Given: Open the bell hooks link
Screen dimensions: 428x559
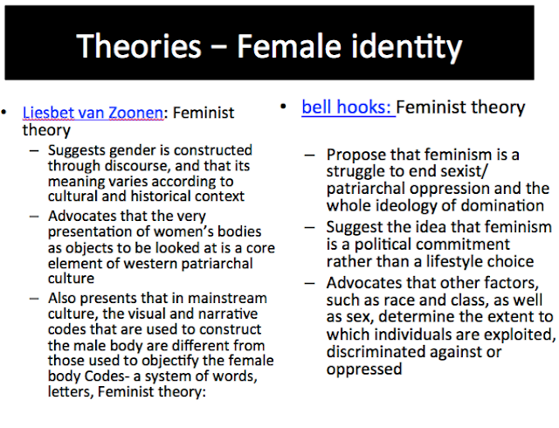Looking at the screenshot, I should tap(347, 107).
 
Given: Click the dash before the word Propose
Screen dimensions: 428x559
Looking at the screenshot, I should tap(310, 155).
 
